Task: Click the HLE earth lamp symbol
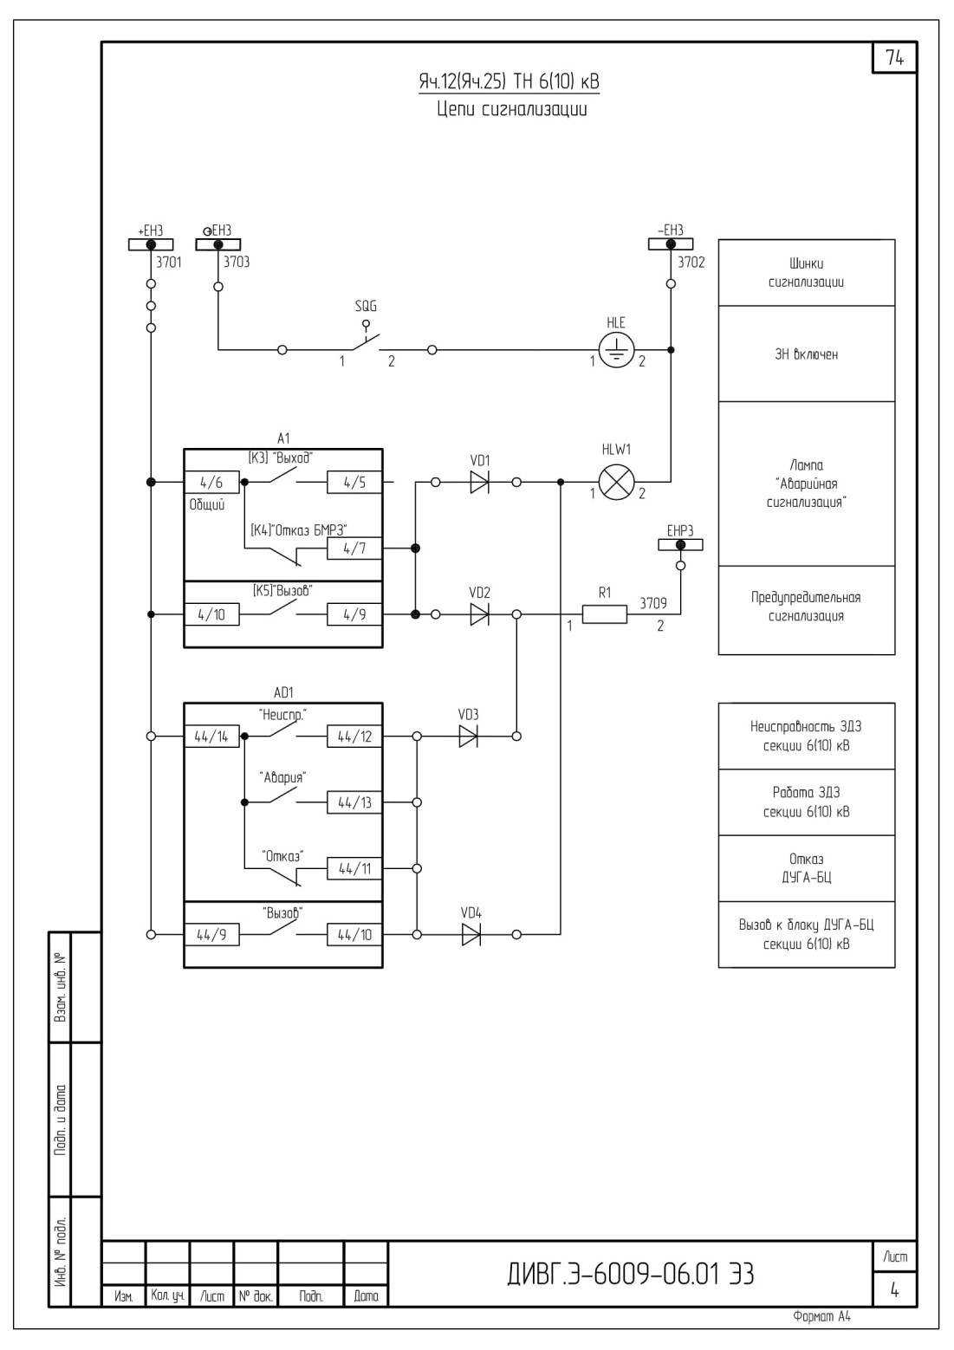coord(616,349)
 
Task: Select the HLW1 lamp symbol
coord(616,482)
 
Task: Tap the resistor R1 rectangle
coord(605,614)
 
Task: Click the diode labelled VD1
coord(480,482)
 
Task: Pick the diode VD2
coord(480,614)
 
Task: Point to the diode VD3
coord(468,736)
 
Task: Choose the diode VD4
coord(471,934)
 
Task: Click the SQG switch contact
coord(365,341)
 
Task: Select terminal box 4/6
coord(211,482)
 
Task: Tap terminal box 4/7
coord(354,548)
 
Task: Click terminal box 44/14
coord(211,736)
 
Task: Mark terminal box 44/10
coord(354,934)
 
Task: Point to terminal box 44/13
coord(354,802)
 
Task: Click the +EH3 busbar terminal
coord(151,244)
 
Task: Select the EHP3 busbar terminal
coord(680,545)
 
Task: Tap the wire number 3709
coord(653,603)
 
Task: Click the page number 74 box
coord(895,57)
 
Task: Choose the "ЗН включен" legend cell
coord(807,354)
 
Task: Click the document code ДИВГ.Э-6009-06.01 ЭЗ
coord(631,1274)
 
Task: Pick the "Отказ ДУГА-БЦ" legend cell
coord(807,868)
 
